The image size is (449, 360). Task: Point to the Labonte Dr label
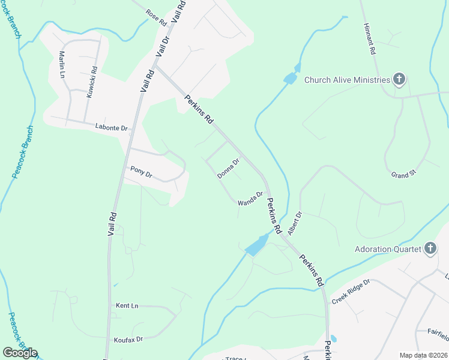pyautogui.click(x=112, y=128)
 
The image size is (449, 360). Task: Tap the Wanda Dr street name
pyautogui.click(x=250, y=199)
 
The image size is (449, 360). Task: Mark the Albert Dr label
pyautogui.click(x=294, y=223)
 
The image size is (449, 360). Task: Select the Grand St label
pyautogui.click(x=403, y=175)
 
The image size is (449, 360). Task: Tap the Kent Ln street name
pyautogui.click(x=127, y=306)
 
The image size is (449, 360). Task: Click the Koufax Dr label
pyautogui.click(x=128, y=340)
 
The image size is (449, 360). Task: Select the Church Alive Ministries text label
pyautogui.click(x=347, y=79)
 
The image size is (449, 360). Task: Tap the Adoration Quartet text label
pyautogui.click(x=388, y=248)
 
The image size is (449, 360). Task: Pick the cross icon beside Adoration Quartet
pyautogui.click(x=430, y=248)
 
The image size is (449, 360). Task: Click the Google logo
pyautogui.click(x=20, y=353)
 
